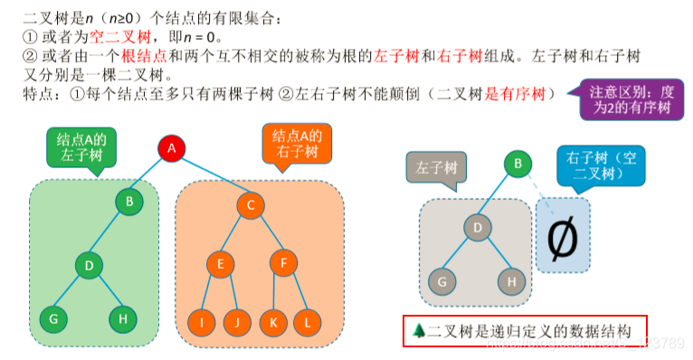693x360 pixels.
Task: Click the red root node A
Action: pyautogui.click(x=172, y=147)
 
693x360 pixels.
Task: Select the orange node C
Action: pyautogui.click(x=250, y=204)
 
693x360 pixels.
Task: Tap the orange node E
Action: pyautogui.click(x=218, y=265)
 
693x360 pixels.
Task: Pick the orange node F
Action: pyautogui.click(x=283, y=265)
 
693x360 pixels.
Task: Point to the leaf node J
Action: pyautogui.click(x=236, y=321)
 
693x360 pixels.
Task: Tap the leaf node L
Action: pyautogui.click(x=308, y=321)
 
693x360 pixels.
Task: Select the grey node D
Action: pyautogui.click(x=476, y=226)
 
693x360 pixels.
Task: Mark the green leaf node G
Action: pyautogui.click(x=53, y=318)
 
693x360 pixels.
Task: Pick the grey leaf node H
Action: pyautogui.click(x=511, y=281)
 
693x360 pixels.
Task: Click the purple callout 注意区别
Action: pyautogui.click(x=629, y=99)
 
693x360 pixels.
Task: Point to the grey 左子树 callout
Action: pyautogui.click(x=441, y=168)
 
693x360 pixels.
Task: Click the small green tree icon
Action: pyautogui.click(x=417, y=331)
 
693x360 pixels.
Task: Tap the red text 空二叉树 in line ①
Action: pyautogui.click(x=119, y=39)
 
